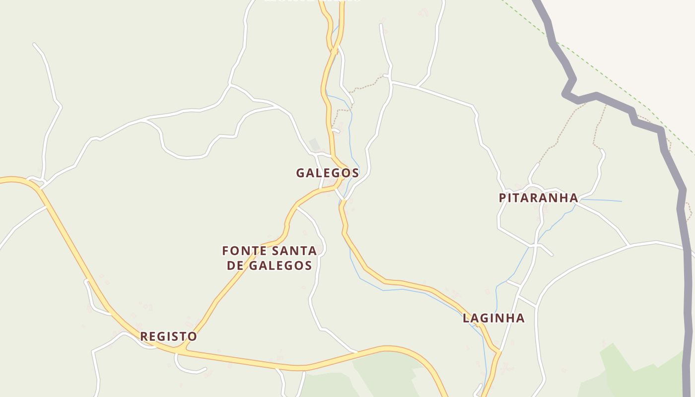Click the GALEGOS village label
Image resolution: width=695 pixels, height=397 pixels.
(327, 173)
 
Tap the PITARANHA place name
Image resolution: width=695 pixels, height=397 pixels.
(538, 198)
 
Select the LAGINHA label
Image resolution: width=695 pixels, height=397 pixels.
(493, 318)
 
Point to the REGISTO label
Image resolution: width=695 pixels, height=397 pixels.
(168, 336)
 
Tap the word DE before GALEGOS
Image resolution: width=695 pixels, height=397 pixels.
(235, 265)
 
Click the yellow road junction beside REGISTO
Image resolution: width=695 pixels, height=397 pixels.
(180, 350)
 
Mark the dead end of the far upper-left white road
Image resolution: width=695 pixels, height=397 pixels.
(34, 44)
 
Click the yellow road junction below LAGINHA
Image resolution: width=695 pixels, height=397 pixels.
(497, 352)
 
